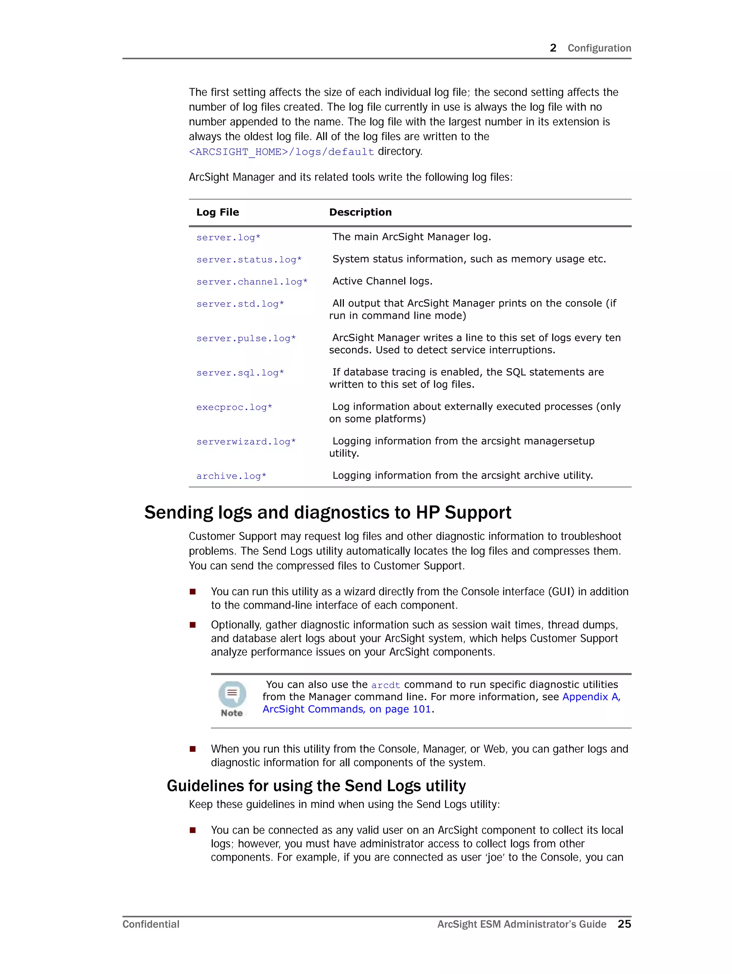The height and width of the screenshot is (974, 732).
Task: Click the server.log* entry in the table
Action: tap(228, 238)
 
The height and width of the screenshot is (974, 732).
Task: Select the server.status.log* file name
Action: tap(249, 260)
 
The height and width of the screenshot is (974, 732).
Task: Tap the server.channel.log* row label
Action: tap(252, 282)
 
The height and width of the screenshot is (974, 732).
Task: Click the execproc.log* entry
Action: tap(234, 407)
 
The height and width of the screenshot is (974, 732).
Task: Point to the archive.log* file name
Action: tap(231, 476)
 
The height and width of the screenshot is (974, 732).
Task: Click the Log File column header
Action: tap(218, 212)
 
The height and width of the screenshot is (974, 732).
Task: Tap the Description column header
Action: tap(360, 212)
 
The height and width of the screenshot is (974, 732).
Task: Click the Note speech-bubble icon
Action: tap(232, 694)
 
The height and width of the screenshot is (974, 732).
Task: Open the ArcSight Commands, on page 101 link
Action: tap(347, 709)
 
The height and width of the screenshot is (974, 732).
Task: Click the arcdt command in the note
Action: tap(385, 685)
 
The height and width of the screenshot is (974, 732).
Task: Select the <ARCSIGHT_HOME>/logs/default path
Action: tap(281, 152)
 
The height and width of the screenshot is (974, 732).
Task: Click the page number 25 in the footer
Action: tap(624, 924)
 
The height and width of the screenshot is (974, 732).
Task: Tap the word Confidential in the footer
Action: tap(150, 924)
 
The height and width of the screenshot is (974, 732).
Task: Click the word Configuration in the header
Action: tap(599, 48)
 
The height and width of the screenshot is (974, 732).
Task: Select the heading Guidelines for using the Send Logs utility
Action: tap(316, 786)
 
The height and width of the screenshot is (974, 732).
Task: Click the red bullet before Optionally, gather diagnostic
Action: tap(192, 625)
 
